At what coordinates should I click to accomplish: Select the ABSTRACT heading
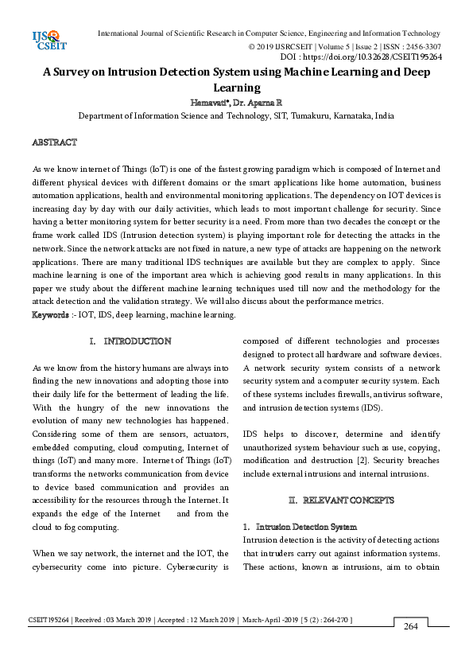coord(54,142)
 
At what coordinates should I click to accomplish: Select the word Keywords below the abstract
coord(49,315)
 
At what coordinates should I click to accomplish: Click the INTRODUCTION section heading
coord(137,341)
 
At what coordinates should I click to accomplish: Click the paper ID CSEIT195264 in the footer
coord(48,619)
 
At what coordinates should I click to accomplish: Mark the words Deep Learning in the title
coord(236,88)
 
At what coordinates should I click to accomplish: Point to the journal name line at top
coord(268,33)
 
